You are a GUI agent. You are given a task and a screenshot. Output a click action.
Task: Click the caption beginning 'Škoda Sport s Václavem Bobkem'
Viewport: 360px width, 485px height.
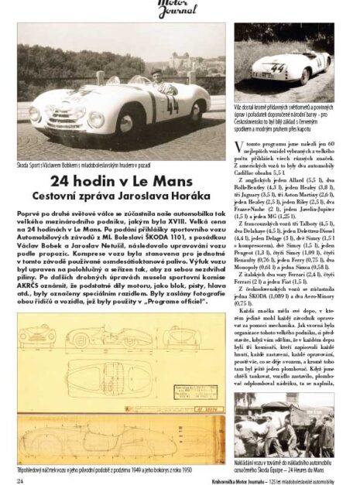85,165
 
